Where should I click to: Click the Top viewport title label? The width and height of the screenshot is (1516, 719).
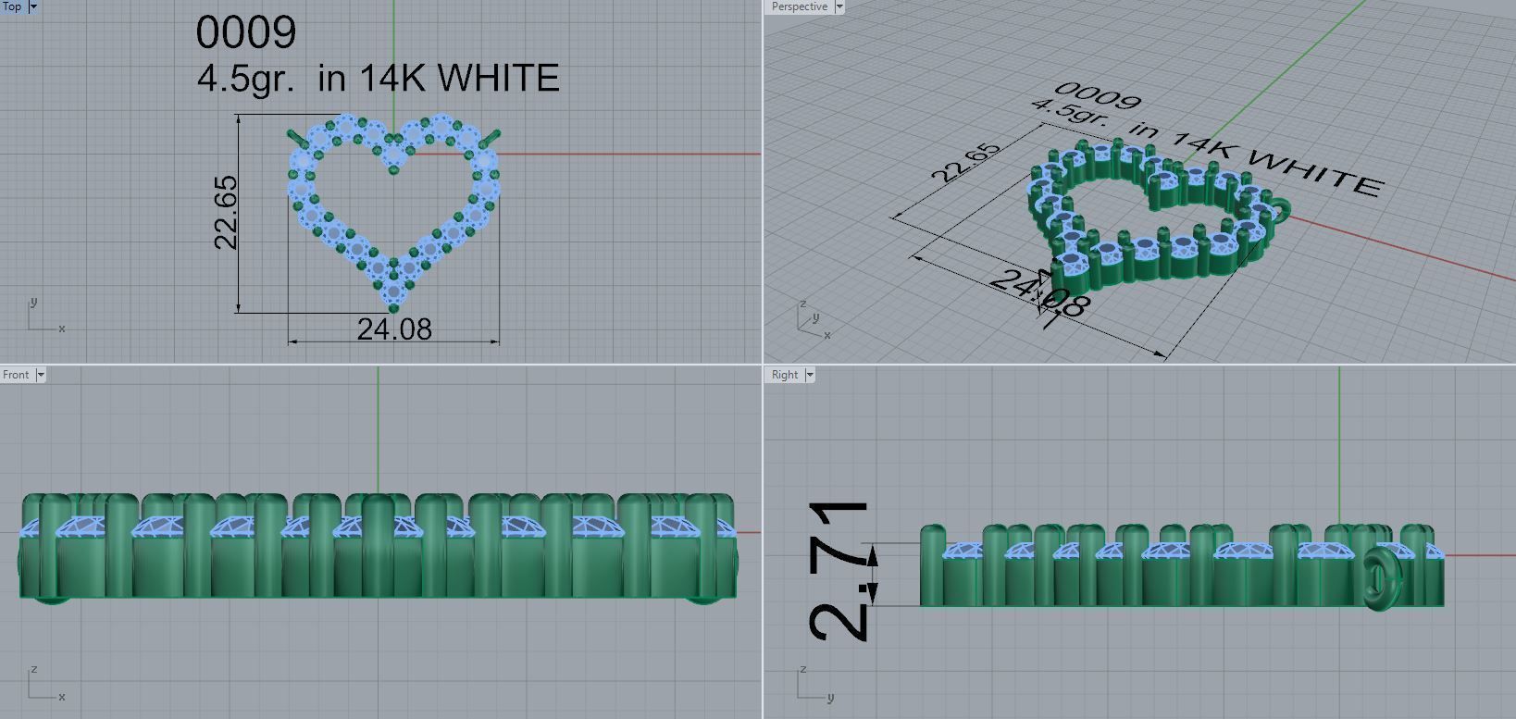coord(13,6)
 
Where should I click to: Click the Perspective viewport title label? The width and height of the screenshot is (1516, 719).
coord(799,6)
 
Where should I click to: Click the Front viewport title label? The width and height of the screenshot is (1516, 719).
coord(16,375)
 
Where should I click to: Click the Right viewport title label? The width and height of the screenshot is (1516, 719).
coord(784,375)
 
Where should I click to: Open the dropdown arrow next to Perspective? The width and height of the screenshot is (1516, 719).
coord(839,6)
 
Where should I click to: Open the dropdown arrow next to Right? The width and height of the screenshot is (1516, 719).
coord(810,375)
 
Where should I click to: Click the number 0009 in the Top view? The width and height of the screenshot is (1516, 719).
coord(246,32)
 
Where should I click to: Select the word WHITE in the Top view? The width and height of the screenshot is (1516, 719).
coord(500,79)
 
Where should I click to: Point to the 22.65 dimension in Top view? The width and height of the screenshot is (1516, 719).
coord(226,213)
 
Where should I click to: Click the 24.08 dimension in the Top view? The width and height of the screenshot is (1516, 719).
coord(394,329)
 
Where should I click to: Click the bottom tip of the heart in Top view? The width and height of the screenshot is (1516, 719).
coord(393,306)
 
